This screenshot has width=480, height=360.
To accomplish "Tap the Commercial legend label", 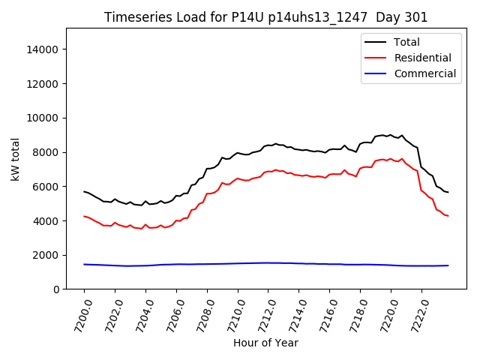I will [424, 73].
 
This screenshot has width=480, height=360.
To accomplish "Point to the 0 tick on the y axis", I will [56, 289].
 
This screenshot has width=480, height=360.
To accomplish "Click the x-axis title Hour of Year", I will [265, 343].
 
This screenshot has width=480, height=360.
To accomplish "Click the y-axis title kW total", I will [15, 159].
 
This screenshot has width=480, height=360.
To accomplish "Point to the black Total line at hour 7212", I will [268, 145].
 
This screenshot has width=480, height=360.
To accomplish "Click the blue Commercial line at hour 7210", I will [238, 263].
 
